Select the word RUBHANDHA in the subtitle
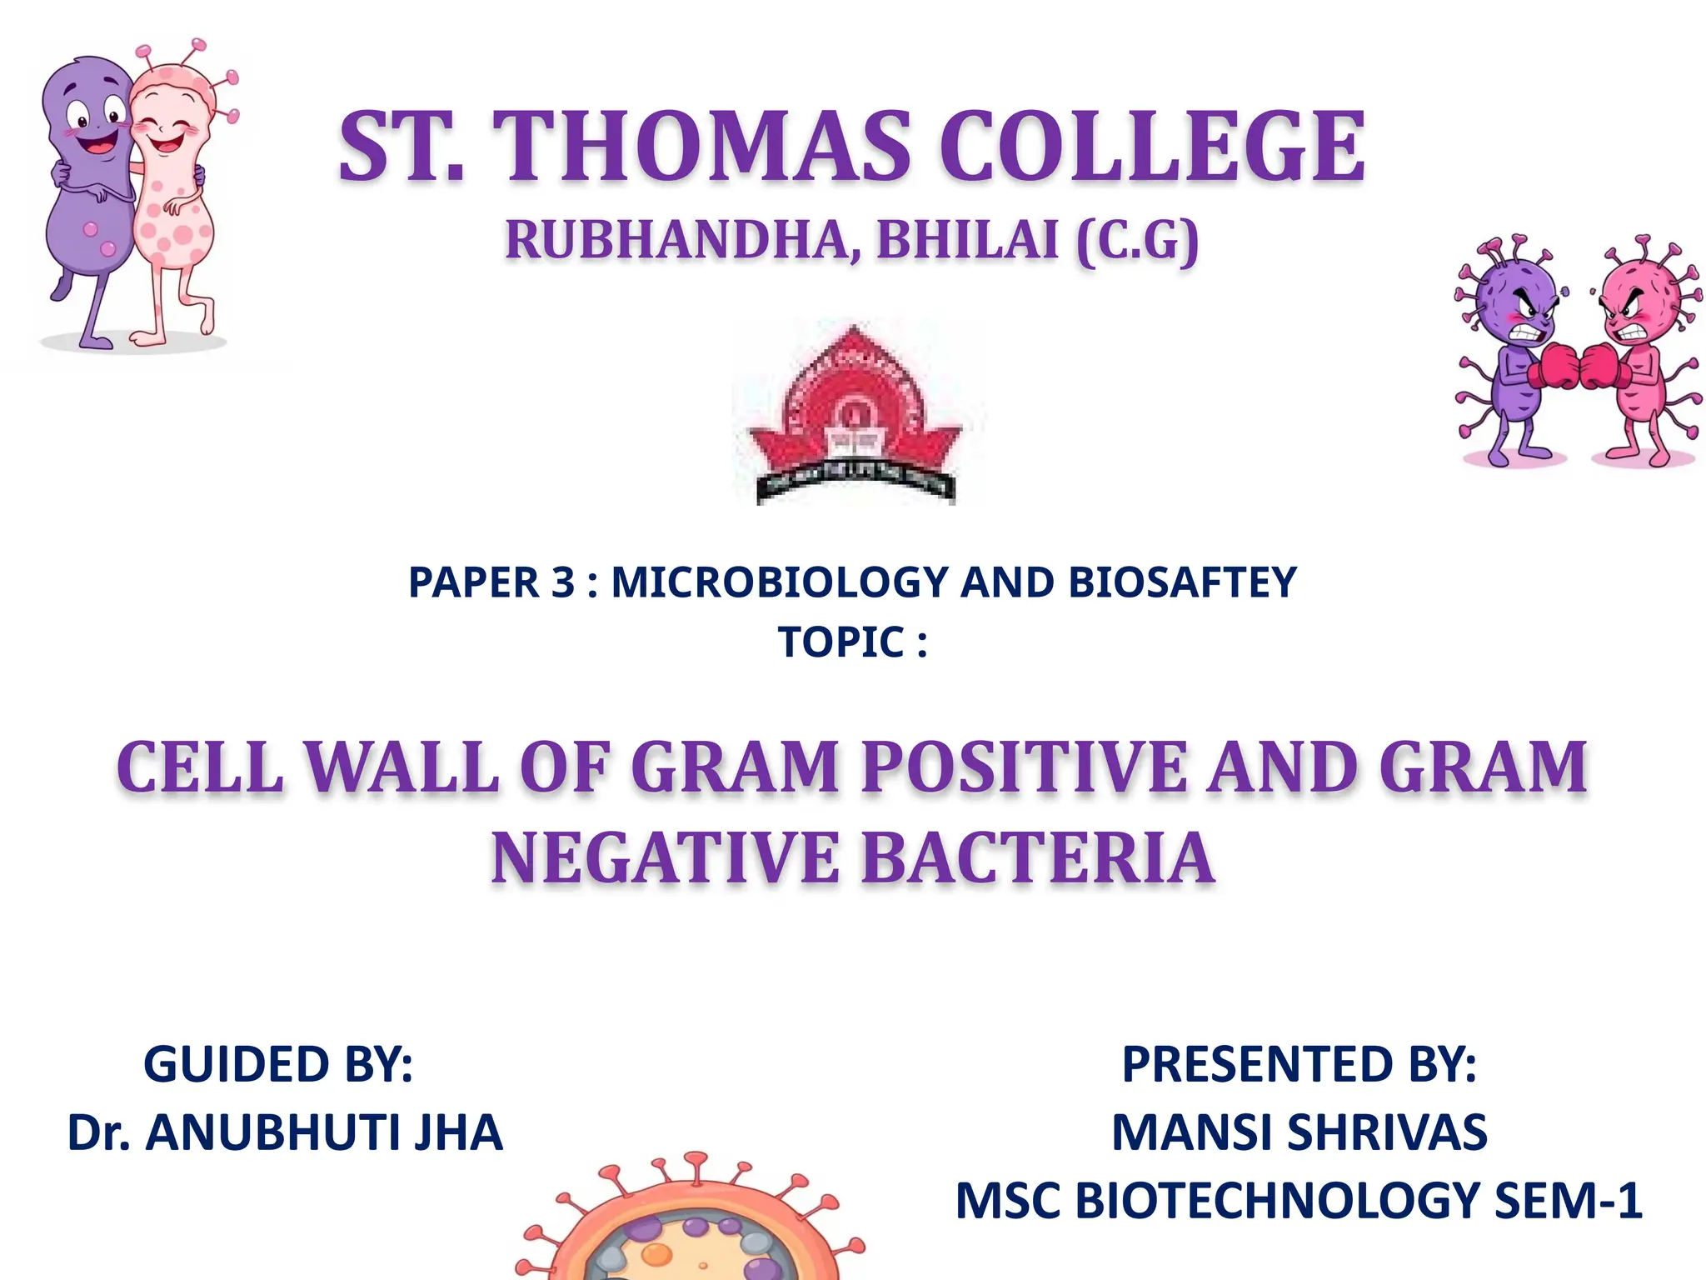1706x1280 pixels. tap(675, 242)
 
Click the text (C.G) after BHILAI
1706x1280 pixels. tap(1138, 242)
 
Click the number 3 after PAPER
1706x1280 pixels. tap(563, 582)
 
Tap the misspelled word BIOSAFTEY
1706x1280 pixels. tap(1182, 582)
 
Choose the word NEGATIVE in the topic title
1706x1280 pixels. tap(666, 859)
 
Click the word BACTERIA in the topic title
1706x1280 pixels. tap(1037, 859)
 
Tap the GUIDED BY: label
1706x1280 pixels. tap(278, 1065)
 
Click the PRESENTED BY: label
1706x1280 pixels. tap(1299, 1065)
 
